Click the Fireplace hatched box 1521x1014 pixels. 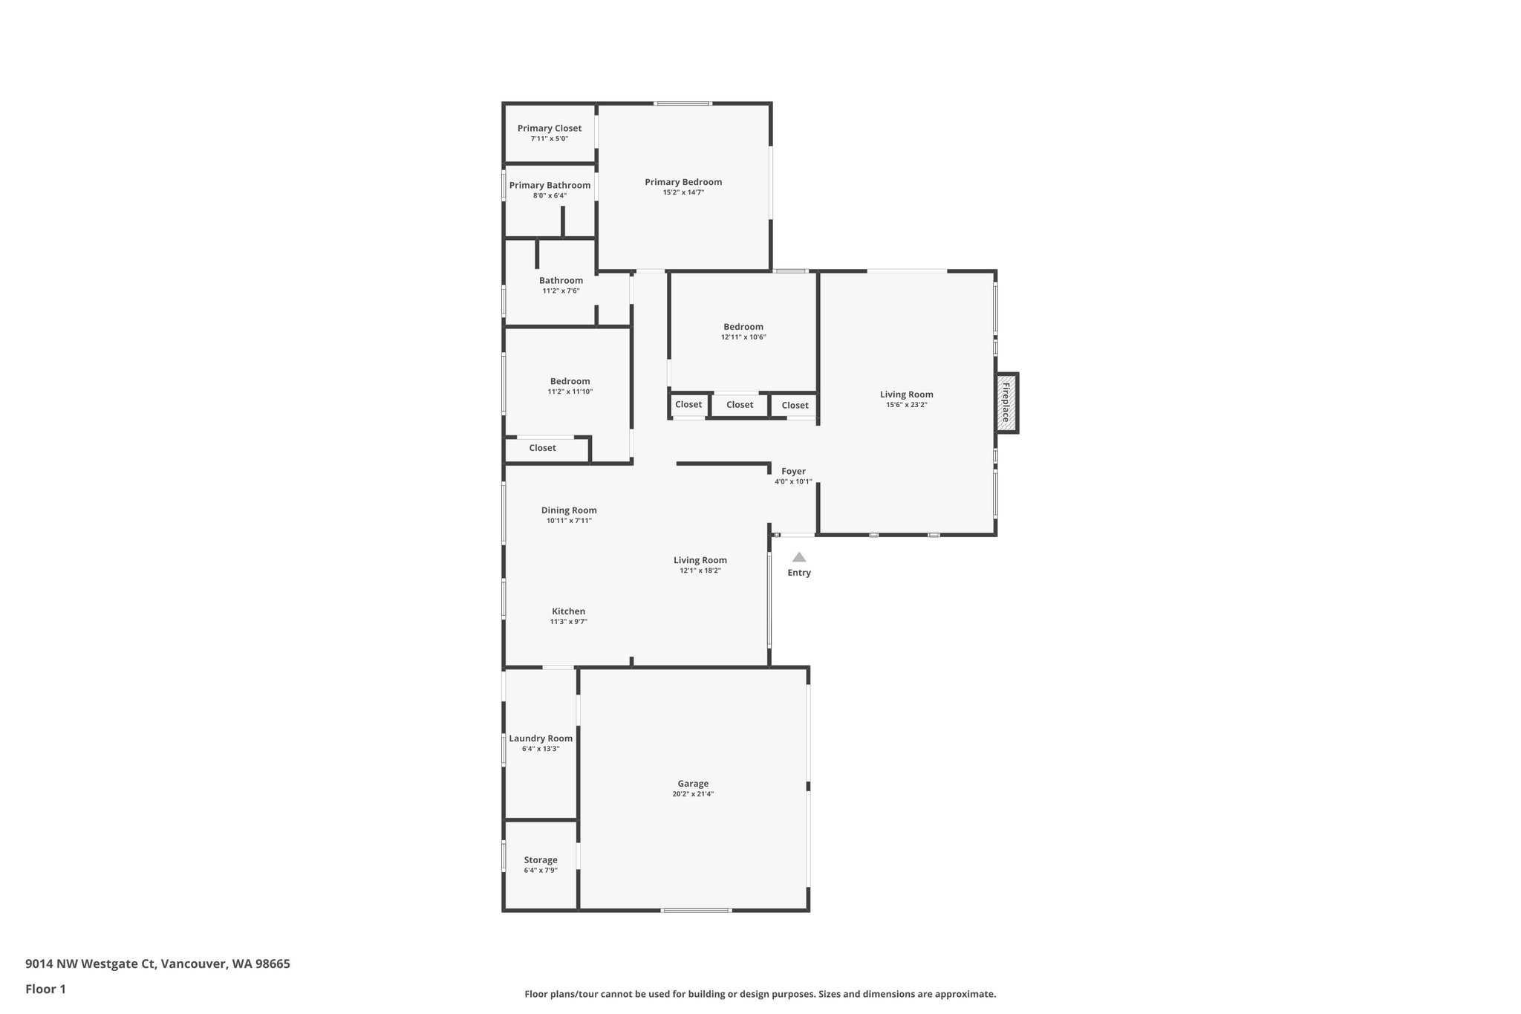pyautogui.click(x=1006, y=403)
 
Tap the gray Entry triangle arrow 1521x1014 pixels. pyautogui.click(x=799, y=557)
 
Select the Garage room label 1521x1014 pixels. pyautogui.click(x=693, y=784)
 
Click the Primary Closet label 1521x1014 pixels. pyautogui.click(x=550, y=129)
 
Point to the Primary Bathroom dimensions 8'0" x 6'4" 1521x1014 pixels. pyautogui.click(x=550, y=196)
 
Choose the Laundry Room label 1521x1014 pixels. pyautogui.click(x=541, y=738)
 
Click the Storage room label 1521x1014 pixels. pyautogui.click(x=541, y=860)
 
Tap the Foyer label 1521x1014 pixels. pyautogui.click(x=793, y=471)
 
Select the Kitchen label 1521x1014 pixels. pyautogui.click(x=568, y=611)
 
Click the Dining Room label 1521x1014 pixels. pyautogui.click(x=569, y=510)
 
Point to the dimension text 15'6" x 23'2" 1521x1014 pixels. pyautogui.click(x=907, y=406)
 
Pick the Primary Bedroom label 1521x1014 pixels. pyautogui.click(x=683, y=182)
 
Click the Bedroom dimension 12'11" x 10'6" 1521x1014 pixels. pyautogui.click(x=743, y=337)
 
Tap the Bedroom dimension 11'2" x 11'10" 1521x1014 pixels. pyautogui.click(x=570, y=392)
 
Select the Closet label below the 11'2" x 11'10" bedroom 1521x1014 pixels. pyautogui.click(x=542, y=448)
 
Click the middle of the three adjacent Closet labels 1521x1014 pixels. pyautogui.click(x=740, y=405)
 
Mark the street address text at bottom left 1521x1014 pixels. pyautogui.click(x=157, y=963)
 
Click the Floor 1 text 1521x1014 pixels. pyautogui.click(x=45, y=989)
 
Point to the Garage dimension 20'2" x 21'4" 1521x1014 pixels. pyautogui.click(x=693, y=794)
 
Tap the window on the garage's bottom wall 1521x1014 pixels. pyautogui.click(x=696, y=910)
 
